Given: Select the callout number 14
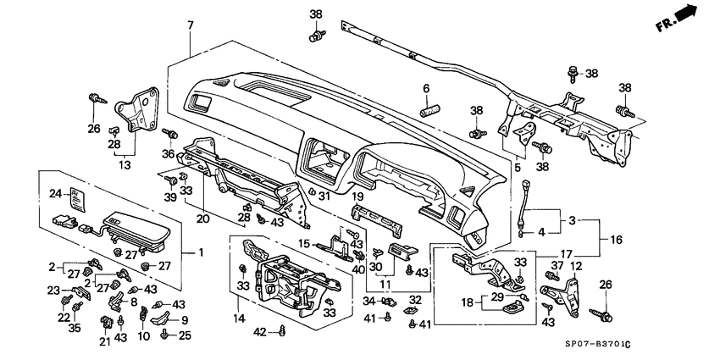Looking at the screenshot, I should pos(241,318).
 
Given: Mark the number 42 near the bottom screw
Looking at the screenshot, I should pos(261,331).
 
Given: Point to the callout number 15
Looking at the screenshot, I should pos(304,243).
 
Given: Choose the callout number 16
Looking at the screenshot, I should pos(612,240).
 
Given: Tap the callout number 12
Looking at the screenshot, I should pos(575,266).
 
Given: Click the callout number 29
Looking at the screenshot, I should pos(496,296).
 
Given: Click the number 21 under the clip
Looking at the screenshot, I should pos(105,341).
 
